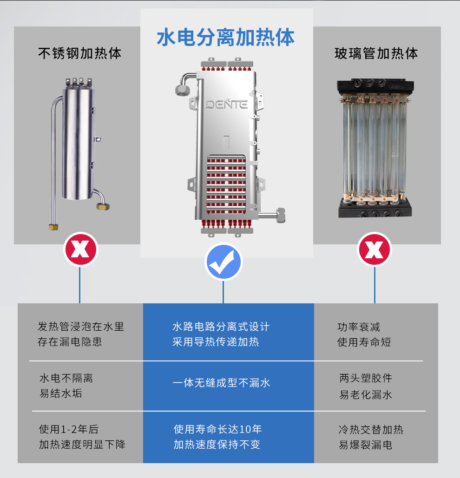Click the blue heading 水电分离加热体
click(x=225, y=38)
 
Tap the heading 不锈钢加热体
click(x=80, y=53)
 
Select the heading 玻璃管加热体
click(x=376, y=53)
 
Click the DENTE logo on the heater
click(x=226, y=104)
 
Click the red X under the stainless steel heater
click(x=80, y=249)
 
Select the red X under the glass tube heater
click(x=375, y=249)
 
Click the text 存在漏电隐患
click(x=70, y=342)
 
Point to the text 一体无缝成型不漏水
click(x=221, y=383)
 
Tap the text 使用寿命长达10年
click(x=217, y=429)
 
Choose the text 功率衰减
click(x=359, y=327)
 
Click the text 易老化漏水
click(x=366, y=395)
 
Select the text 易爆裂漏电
click(x=366, y=445)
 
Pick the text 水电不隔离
click(x=66, y=378)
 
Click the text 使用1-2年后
click(x=69, y=429)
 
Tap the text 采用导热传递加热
click(x=216, y=342)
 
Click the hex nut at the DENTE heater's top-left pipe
click(x=182, y=91)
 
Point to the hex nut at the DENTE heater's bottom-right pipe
click(x=281, y=215)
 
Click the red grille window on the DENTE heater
click(x=226, y=184)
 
